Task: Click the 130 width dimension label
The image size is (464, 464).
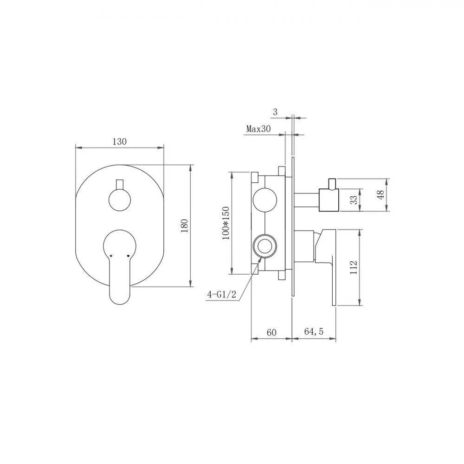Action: tap(120, 142)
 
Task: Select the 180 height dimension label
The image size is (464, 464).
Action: tap(184, 226)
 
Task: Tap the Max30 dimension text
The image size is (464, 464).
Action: tap(258, 129)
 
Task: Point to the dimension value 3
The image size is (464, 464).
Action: tap(276, 112)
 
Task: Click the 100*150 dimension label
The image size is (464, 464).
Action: tap(226, 223)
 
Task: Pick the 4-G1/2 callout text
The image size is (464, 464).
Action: tap(222, 295)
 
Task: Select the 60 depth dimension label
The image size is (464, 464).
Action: tap(271, 332)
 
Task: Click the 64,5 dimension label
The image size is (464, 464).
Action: tap(314, 332)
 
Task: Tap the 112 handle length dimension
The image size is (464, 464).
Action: tap(354, 267)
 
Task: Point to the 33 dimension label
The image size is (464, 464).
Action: tap(354, 200)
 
